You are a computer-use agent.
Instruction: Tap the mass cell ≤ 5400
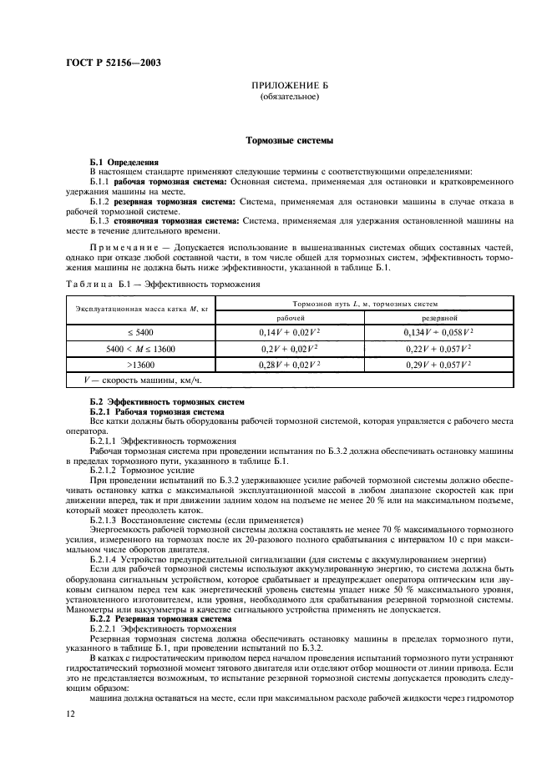click(x=134, y=333)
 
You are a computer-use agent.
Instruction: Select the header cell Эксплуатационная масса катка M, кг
click(x=134, y=310)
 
